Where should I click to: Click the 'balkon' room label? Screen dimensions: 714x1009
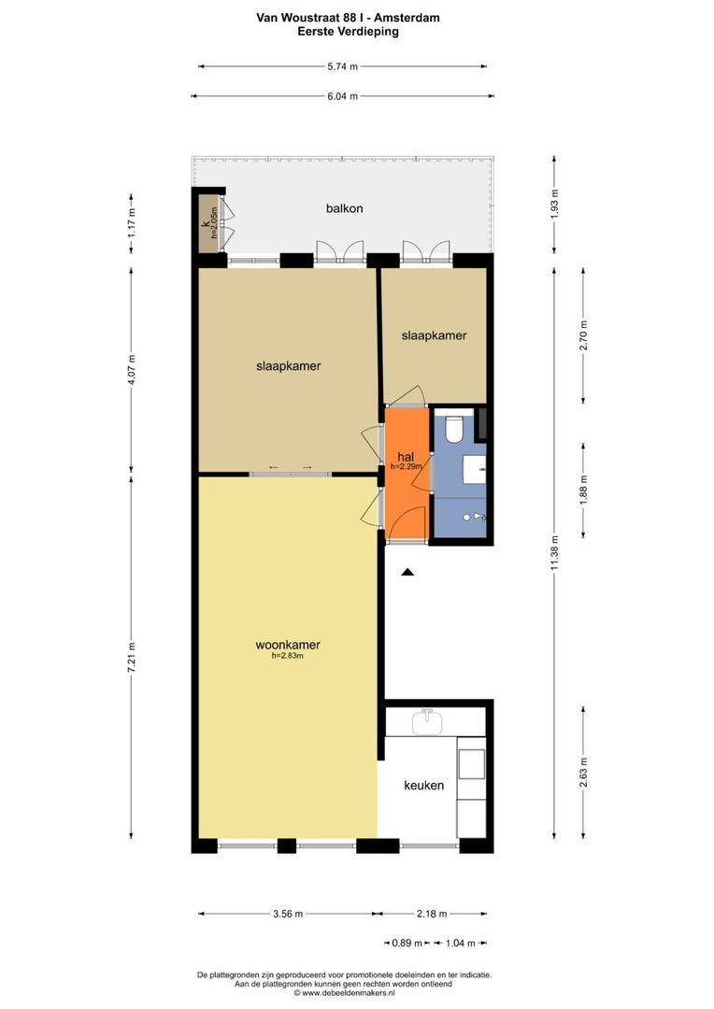point(345,208)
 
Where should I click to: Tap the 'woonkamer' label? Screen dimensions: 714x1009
point(288,645)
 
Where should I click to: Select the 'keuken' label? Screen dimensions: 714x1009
point(423,785)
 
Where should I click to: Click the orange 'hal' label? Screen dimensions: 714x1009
point(406,457)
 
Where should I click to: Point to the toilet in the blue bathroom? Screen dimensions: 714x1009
point(454,429)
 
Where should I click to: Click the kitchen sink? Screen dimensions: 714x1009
point(427,722)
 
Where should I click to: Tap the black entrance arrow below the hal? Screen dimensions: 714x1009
point(407,572)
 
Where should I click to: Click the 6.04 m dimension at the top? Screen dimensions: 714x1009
point(342,96)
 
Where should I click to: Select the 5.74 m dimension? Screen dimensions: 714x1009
point(342,66)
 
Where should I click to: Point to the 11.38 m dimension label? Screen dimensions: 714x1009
point(555,553)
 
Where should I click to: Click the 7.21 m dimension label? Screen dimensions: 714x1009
point(132,658)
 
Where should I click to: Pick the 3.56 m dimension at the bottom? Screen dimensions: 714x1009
point(287,914)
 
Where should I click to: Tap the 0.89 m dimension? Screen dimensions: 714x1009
point(407,944)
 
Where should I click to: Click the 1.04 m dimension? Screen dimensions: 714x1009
point(461,944)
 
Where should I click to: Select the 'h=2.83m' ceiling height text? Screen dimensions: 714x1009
point(287,657)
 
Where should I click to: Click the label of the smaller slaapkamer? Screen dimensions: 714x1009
point(434,335)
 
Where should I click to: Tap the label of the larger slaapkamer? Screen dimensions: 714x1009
point(289,366)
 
